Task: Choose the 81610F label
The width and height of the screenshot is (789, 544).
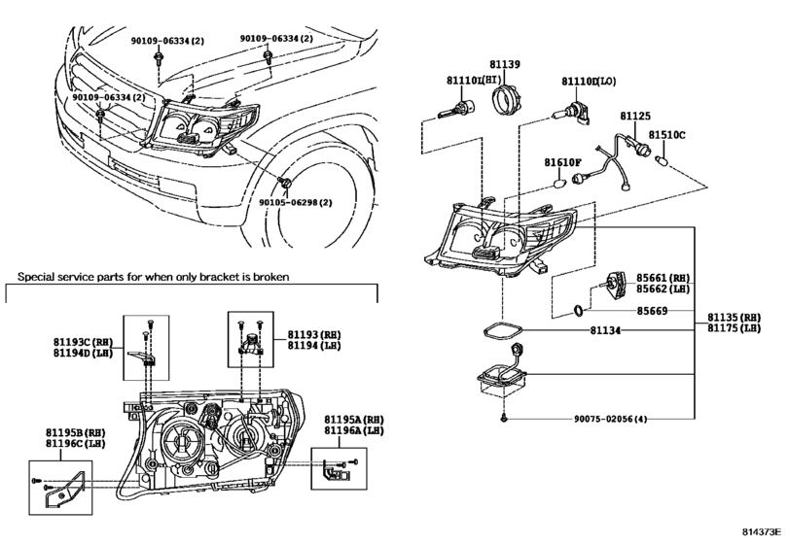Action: click(x=561, y=162)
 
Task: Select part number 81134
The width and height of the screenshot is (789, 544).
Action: click(x=604, y=330)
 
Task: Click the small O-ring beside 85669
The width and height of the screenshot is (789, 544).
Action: click(x=578, y=311)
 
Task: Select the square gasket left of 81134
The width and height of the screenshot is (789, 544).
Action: click(x=504, y=330)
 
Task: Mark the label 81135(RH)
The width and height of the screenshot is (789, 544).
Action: click(x=735, y=317)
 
